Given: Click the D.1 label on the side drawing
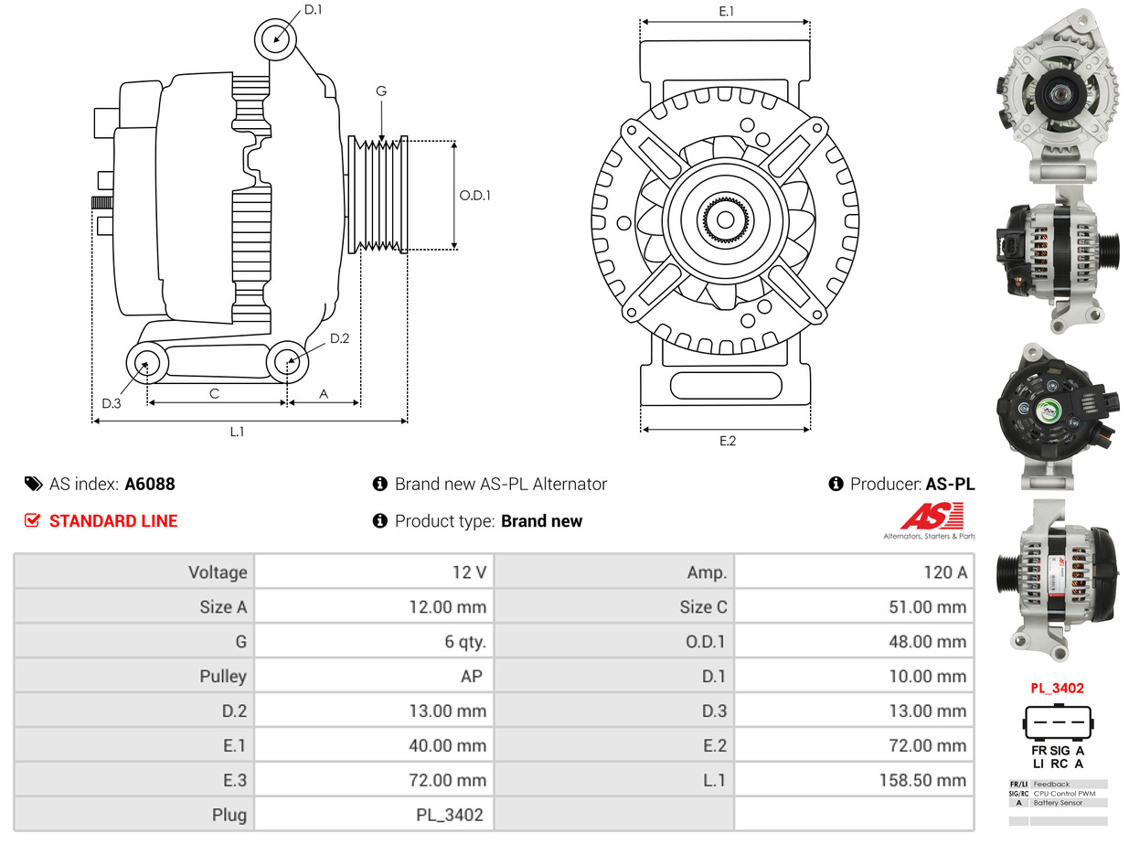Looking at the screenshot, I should [x=313, y=10].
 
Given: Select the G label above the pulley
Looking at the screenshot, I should [x=381, y=91].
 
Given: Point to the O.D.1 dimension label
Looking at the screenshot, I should [x=474, y=195].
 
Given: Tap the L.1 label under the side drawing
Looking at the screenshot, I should [x=237, y=432].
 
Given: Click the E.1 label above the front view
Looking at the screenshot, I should [x=727, y=11].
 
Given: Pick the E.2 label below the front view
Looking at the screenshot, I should [x=727, y=441].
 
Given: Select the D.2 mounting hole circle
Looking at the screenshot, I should [x=287, y=362].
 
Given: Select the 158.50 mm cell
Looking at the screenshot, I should [x=926, y=780].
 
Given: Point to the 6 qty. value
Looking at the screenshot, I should [x=465, y=642].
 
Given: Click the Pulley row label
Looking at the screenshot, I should [x=223, y=677].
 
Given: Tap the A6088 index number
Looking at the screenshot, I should [x=150, y=484].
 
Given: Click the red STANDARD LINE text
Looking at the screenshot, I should [x=113, y=521].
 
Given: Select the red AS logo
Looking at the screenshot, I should [x=932, y=517].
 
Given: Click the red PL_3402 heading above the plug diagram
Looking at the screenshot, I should [x=1057, y=688].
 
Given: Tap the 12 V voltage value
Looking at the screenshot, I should [x=469, y=572].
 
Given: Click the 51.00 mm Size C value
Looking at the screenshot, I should [x=926, y=607].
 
